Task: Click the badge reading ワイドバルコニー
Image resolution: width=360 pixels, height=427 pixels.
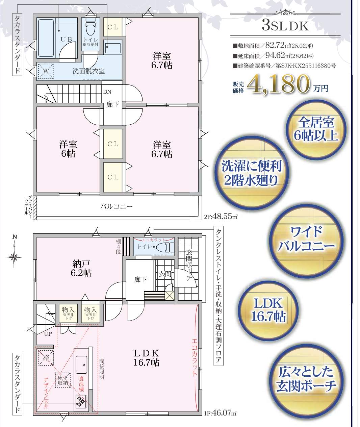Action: pyautogui.click(x=306, y=239)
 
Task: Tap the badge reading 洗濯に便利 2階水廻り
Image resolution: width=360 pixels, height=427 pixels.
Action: pyautogui.click(x=252, y=173)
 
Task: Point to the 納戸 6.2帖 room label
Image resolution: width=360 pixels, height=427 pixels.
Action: pyautogui.click(x=81, y=268)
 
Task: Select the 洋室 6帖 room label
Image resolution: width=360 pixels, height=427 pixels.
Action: pyautogui.click(x=68, y=149)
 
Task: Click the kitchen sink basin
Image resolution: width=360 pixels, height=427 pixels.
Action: pyautogui.click(x=81, y=365)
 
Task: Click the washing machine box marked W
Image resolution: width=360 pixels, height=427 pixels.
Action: pyautogui.click(x=46, y=71)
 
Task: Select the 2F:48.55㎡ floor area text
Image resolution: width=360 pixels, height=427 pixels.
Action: pyautogui.click(x=221, y=217)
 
